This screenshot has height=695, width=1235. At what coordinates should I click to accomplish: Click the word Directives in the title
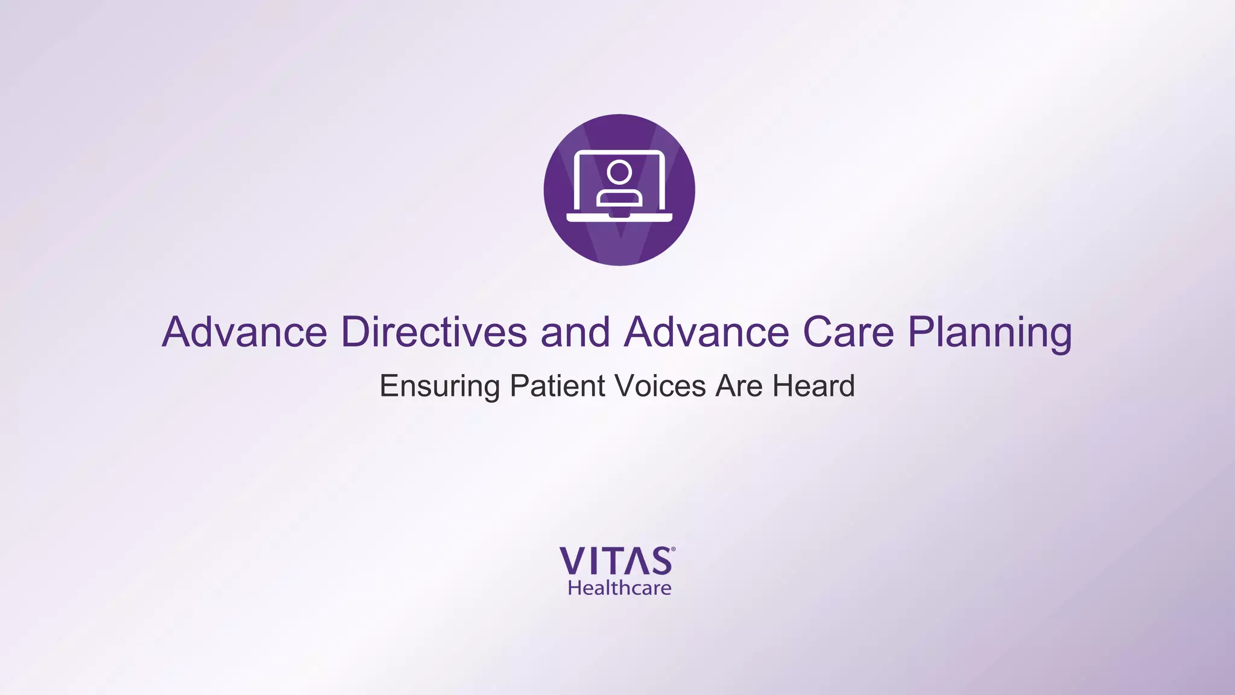(x=434, y=332)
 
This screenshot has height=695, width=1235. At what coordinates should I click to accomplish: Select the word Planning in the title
(x=990, y=333)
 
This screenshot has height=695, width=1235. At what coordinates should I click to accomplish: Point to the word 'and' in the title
(x=575, y=332)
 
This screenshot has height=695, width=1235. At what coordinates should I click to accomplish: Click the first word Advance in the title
(x=244, y=332)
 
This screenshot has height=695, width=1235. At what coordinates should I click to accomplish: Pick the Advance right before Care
(x=706, y=332)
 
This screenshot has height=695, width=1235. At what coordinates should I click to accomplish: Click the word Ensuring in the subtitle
(x=440, y=387)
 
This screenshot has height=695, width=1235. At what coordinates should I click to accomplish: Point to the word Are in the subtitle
(x=739, y=386)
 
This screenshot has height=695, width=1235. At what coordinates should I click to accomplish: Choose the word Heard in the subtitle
(x=813, y=386)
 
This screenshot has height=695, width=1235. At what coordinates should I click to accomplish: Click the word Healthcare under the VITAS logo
(x=619, y=588)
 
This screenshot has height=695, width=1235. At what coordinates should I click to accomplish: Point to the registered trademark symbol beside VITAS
(x=673, y=550)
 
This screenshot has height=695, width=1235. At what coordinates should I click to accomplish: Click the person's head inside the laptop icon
(x=619, y=172)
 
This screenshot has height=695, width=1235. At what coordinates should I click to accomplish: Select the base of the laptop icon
(x=619, y=217)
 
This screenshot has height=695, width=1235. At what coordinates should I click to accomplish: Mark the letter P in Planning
(x=921, y=332)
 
